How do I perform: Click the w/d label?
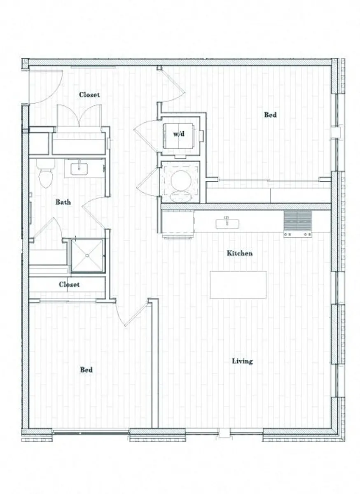[x=178, y=135]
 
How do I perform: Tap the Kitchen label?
[x=239, y=253]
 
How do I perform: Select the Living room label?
[x=242, y=361]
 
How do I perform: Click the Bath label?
[x=63, y=202]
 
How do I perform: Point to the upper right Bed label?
[x=270, y=115]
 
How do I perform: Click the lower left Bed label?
[x=86, y=370]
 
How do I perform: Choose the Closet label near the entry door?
[x=89, y=95]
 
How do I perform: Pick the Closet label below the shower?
[x=69, y=284]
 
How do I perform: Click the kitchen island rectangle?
[x=238, y=284]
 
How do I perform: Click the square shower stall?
[x=87, y=255]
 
